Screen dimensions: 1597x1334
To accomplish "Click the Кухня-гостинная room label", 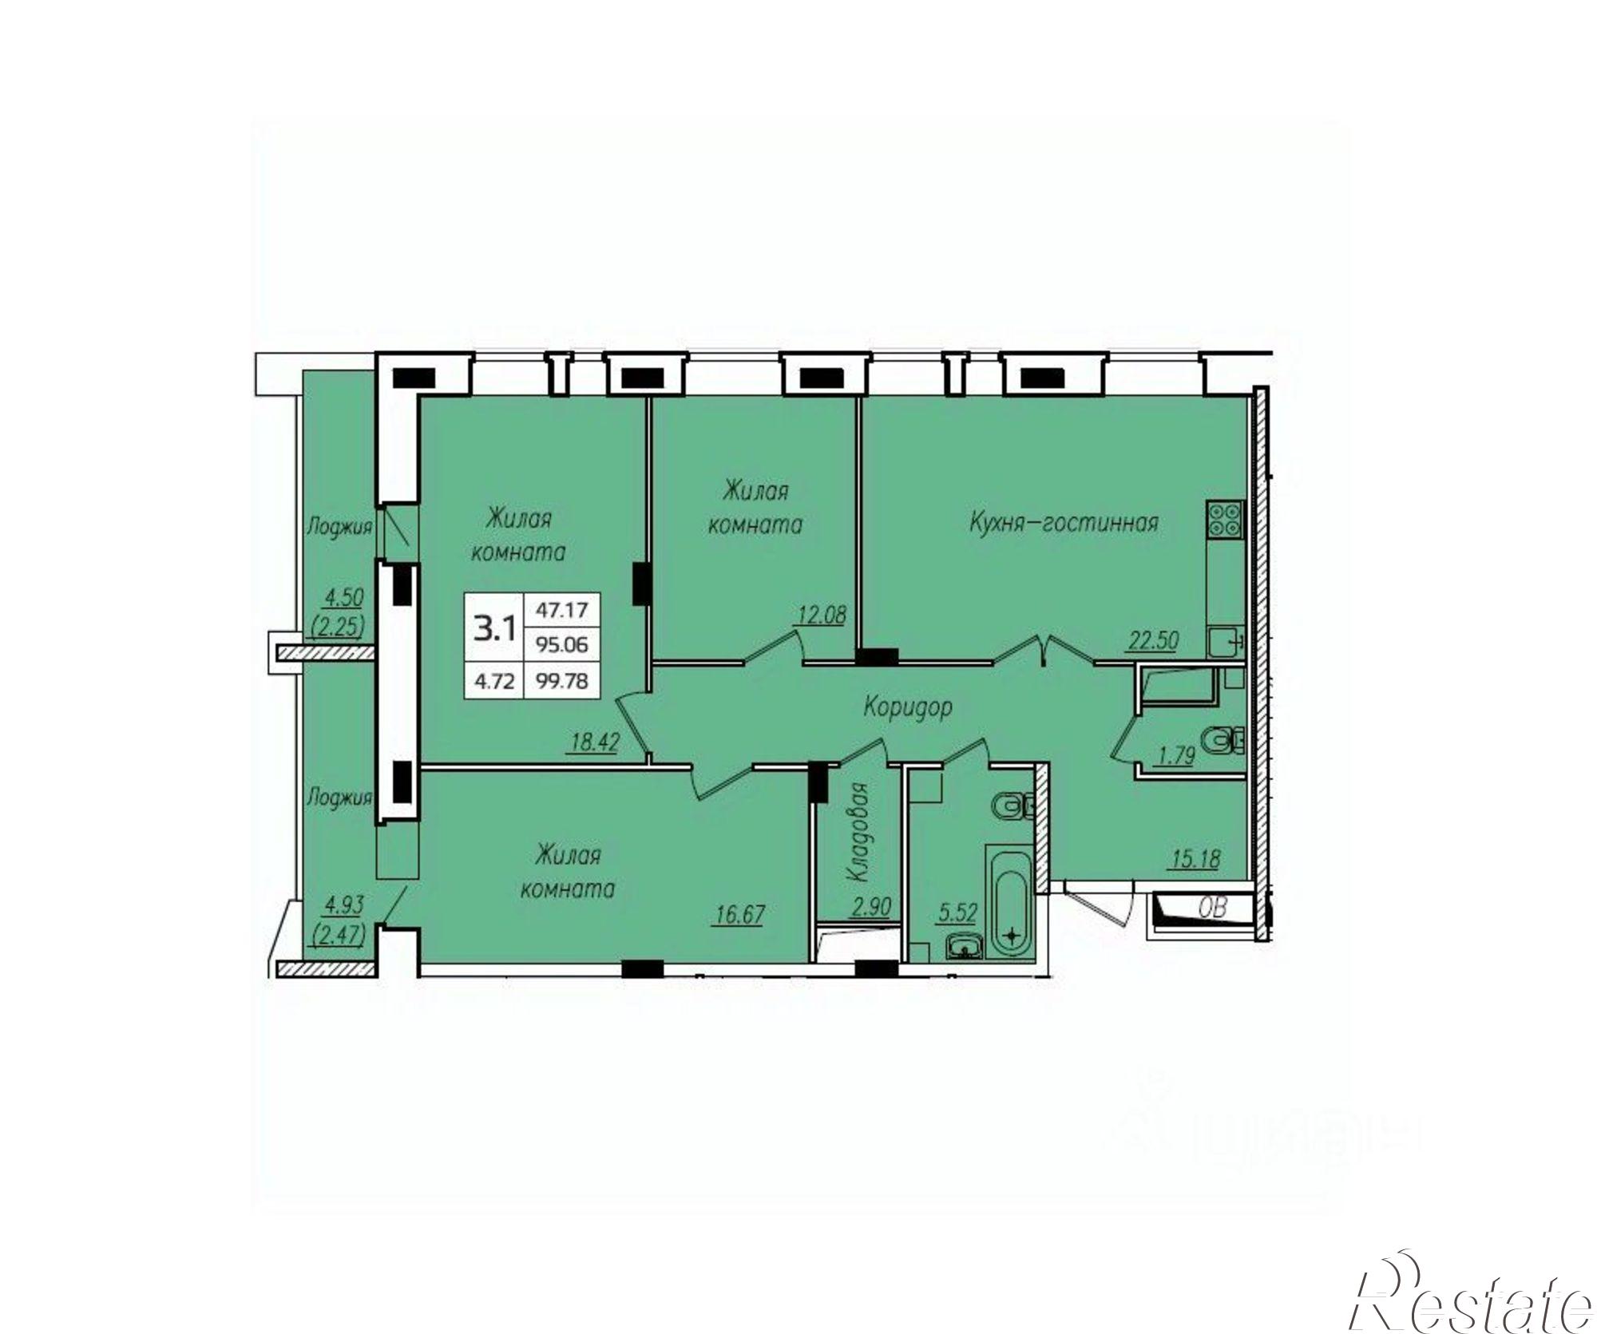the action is [1064, 524].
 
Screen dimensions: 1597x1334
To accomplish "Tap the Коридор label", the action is [908, 707].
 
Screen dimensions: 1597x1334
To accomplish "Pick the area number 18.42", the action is [596, 743].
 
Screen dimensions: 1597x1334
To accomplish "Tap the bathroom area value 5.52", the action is [957, 912].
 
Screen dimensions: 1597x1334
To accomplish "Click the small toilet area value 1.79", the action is [1176, 755].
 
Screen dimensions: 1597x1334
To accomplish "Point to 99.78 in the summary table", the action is [562, 681].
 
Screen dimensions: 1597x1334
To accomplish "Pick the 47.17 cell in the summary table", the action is [561, 611].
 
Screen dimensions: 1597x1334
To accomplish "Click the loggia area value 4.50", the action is [343, 596].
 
